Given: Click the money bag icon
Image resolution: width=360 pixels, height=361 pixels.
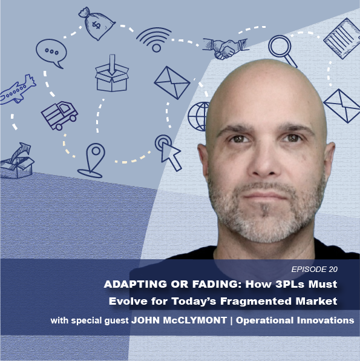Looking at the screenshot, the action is pos(97,24).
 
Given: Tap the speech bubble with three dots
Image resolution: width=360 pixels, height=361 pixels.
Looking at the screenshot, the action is pos(51,53).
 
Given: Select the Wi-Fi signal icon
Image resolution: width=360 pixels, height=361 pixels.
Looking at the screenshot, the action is pos(154,39).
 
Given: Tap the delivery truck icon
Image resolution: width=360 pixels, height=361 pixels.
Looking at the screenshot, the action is pos(59,115).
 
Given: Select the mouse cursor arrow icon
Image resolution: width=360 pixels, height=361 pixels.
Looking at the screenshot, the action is pos(169,152).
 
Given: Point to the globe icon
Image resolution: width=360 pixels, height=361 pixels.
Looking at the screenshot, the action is pos(198,116).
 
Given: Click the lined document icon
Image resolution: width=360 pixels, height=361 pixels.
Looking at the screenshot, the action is pos(342,38).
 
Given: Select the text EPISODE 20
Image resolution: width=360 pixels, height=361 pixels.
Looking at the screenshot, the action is pos(314,269).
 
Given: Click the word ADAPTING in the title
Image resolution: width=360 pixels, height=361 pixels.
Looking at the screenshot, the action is pos(136,284).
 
